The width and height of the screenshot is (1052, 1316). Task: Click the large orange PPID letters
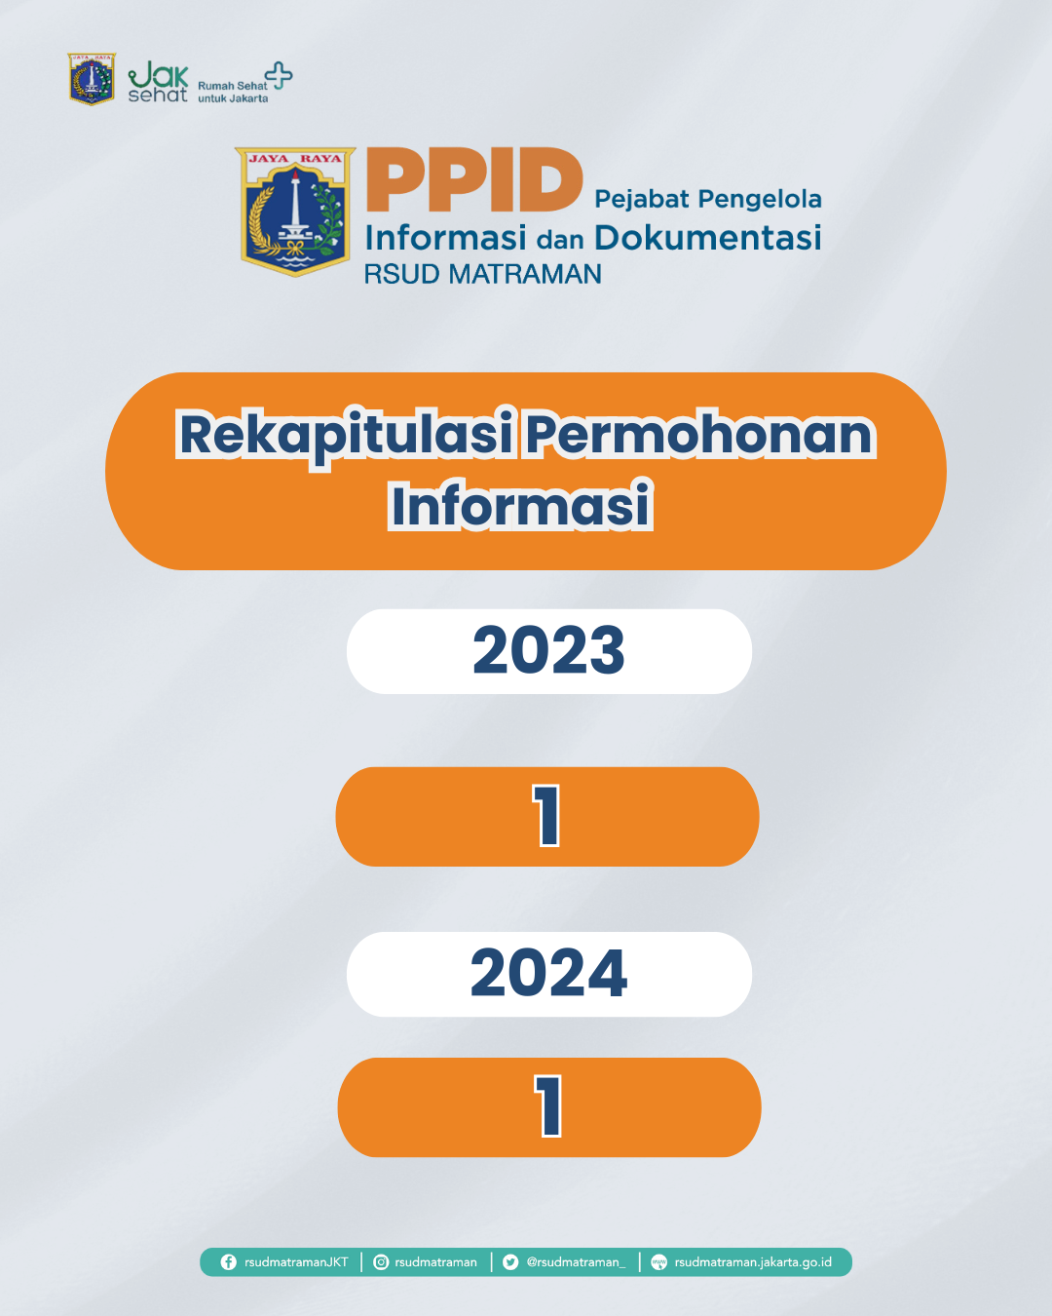474,180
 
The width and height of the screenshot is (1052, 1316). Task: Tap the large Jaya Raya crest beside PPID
295,212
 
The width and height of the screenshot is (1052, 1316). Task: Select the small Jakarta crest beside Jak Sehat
92,79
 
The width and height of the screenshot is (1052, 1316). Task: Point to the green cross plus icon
280,75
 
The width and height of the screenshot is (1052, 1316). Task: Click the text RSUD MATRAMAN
482,275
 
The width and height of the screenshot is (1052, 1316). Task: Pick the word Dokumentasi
707,238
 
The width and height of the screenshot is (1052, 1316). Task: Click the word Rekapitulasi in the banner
346,435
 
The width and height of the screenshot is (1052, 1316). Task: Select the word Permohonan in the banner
699,435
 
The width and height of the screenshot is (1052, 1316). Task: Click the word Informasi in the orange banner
520,506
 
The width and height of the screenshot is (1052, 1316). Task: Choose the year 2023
548,651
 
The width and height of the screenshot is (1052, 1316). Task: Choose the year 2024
548,974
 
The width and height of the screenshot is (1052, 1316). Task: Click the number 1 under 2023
547,816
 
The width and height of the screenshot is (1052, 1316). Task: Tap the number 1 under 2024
549,1106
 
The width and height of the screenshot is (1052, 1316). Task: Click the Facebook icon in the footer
229,1262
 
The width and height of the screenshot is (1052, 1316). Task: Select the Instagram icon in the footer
382,1262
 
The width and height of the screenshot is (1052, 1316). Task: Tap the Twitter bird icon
510,1262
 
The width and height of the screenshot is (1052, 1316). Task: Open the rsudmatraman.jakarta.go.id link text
753,1262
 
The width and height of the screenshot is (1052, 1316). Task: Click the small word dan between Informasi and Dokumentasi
560,240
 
